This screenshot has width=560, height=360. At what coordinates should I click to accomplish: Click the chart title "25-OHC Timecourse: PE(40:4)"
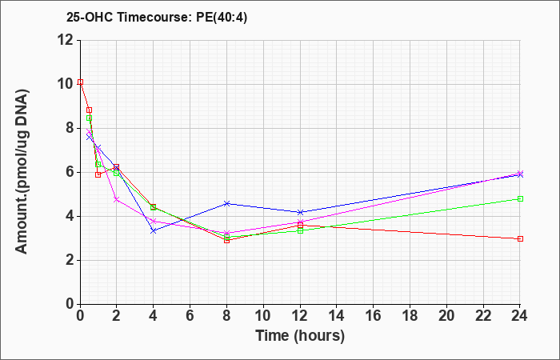pos(157,18)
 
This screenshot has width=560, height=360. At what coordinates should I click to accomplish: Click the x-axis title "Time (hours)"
pos(300,336)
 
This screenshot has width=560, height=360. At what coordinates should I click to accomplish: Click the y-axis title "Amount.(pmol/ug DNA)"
pos(22,172)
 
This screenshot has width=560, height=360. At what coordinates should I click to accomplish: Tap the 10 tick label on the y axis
pos(65,84)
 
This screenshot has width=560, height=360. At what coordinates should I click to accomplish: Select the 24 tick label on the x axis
pos(520,316)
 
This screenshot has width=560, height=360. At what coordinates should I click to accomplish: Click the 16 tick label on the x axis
pos(374,316)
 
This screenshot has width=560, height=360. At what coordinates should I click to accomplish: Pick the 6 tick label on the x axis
pos(190,316)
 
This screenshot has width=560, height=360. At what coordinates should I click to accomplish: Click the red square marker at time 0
pos(80,82)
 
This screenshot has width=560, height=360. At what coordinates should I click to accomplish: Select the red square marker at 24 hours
pos(520,238)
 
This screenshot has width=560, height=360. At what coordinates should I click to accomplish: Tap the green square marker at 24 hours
pos(520,198)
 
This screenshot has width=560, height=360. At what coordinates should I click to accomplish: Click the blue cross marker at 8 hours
pos(226,203)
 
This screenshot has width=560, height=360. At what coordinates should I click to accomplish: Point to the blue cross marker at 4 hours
pos(154,230)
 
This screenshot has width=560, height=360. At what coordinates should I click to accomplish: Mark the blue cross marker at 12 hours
pos(300,212)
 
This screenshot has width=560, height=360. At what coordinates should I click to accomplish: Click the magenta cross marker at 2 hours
pos(117,200)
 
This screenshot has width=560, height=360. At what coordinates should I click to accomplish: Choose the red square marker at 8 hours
pos(226,240)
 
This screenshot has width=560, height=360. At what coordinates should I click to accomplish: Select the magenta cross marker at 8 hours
pos(226,233)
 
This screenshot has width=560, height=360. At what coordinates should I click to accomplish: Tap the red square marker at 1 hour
pos(98,174)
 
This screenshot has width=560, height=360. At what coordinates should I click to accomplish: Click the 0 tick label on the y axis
pos(70,304)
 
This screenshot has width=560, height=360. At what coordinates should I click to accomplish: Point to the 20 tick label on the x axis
pos(446,316)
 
